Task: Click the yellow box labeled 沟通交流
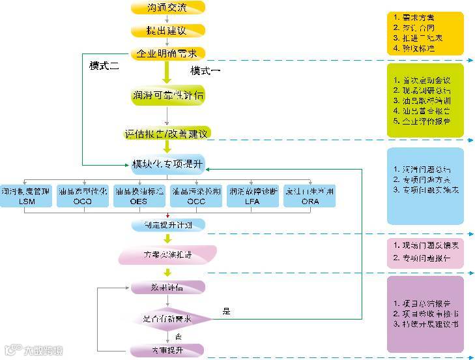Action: tap(167, 8)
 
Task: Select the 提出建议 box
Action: tap(167, 31)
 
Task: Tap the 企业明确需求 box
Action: tap(167, 53)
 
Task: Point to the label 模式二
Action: tap(104, 66)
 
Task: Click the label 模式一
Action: tap(206, 70)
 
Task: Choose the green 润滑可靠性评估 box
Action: tap(167, 95)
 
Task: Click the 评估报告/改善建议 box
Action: tap(167, 134)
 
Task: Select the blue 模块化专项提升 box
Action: tap(167, 162)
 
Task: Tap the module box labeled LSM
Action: tap(26, 196)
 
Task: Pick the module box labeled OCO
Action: tap(83, 196)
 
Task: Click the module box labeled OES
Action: tap(139, 196)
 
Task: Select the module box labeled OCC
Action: tap(196, 196)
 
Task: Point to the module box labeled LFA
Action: tap(253, 196)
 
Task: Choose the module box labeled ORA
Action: tap(309, 196)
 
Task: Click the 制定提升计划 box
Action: tap(167, 225)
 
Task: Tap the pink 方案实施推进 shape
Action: tap(167, 255)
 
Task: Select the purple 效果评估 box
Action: tap(167, 287)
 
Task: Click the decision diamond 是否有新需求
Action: tap(167, 319)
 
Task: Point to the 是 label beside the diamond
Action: tap(227, 312)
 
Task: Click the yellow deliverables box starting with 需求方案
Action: tap(425, 33)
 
